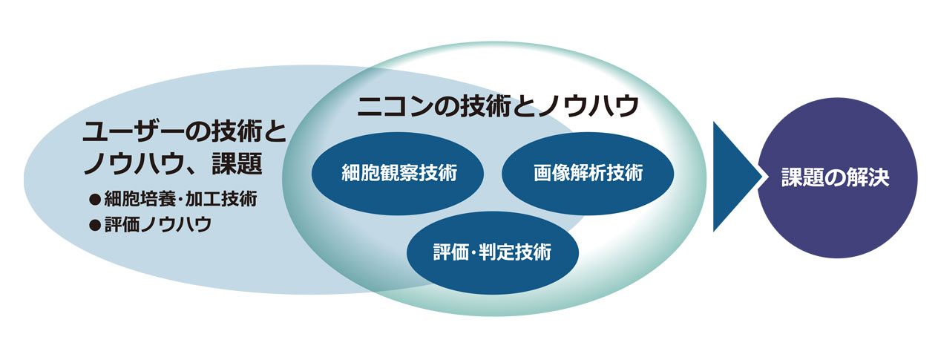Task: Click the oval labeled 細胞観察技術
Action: (398, 173)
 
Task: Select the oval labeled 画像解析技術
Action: (588, 173)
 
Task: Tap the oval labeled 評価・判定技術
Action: (493, 252)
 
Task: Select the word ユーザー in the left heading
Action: (134, 131)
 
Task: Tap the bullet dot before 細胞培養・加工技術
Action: (95, 200)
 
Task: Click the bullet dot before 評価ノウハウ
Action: (95, 226)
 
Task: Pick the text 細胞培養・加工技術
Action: (180, 199)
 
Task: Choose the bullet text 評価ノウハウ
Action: (158, 225)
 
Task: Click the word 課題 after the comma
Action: (237, 163)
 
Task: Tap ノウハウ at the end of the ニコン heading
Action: (588, 105)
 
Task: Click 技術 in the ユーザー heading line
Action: (236, 131)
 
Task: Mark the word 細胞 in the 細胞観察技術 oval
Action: (360, 173)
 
